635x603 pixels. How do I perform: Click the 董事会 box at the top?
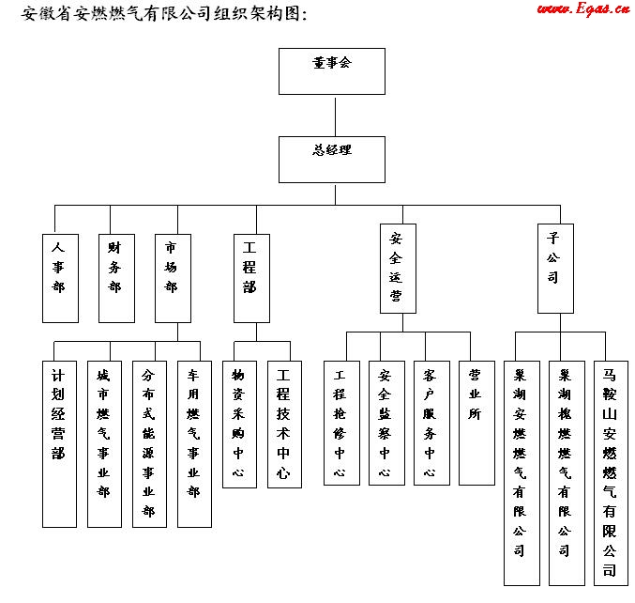pos(332,69)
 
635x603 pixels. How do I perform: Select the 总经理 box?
pos(332,159)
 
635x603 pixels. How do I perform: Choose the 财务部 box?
pos(115,278)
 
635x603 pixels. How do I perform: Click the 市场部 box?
pos(172,278)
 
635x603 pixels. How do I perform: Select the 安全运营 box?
pos(396,268)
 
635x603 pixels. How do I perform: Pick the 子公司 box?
pos(554,268)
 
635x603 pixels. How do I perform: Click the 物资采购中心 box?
pos(239,424)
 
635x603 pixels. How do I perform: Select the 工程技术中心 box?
pos(284,424)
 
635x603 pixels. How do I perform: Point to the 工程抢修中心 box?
pos(340,423)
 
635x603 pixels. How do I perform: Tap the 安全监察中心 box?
pos(386,423)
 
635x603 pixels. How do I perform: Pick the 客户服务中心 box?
pos(431,423)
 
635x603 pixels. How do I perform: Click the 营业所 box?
pos(476,423)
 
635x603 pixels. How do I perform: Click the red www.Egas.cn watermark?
pos(582,9)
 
